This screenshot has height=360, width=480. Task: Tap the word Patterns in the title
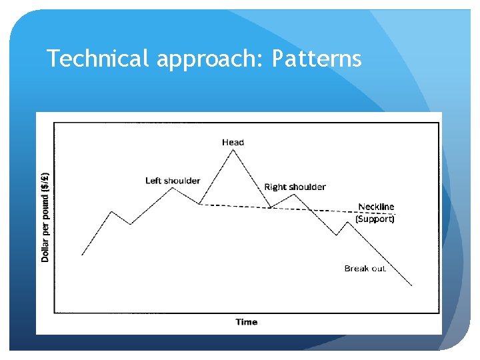(317, 59)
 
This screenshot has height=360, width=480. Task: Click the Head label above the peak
(233, 142)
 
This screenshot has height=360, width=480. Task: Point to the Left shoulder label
(173, 181)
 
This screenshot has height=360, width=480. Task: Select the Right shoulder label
(295, 187)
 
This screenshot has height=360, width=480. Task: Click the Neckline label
(376, 207)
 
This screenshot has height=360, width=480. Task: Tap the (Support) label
(375, 219)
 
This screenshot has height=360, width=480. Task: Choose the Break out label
(365, 269)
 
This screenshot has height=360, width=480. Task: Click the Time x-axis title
(246, 322)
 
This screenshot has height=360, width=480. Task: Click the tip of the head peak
(233, 149)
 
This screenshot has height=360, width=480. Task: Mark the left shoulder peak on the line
(173, 187)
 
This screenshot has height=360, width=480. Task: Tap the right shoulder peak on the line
(294, 194)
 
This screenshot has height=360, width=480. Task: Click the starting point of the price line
(82, 255)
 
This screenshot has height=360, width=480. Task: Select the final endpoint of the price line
(412, 285)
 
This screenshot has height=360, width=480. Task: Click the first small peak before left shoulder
(111, 211)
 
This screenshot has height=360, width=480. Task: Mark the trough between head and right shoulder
(270, 208)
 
